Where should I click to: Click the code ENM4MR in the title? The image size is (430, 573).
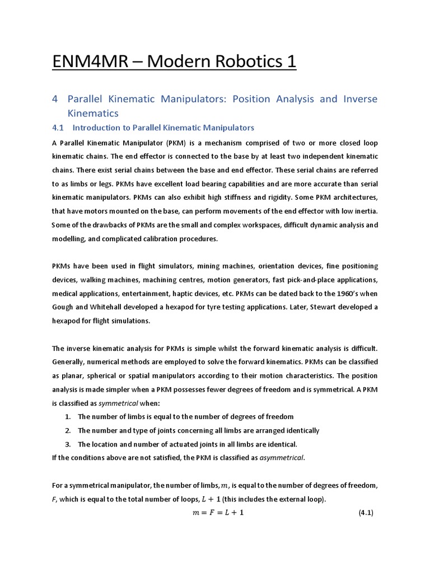pos(84,60)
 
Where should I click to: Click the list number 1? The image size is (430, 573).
pos(67,417)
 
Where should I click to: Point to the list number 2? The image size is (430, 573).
pos(67,431)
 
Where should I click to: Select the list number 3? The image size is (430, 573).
pos(67,444)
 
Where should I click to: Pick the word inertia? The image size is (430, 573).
pos(364,211)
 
